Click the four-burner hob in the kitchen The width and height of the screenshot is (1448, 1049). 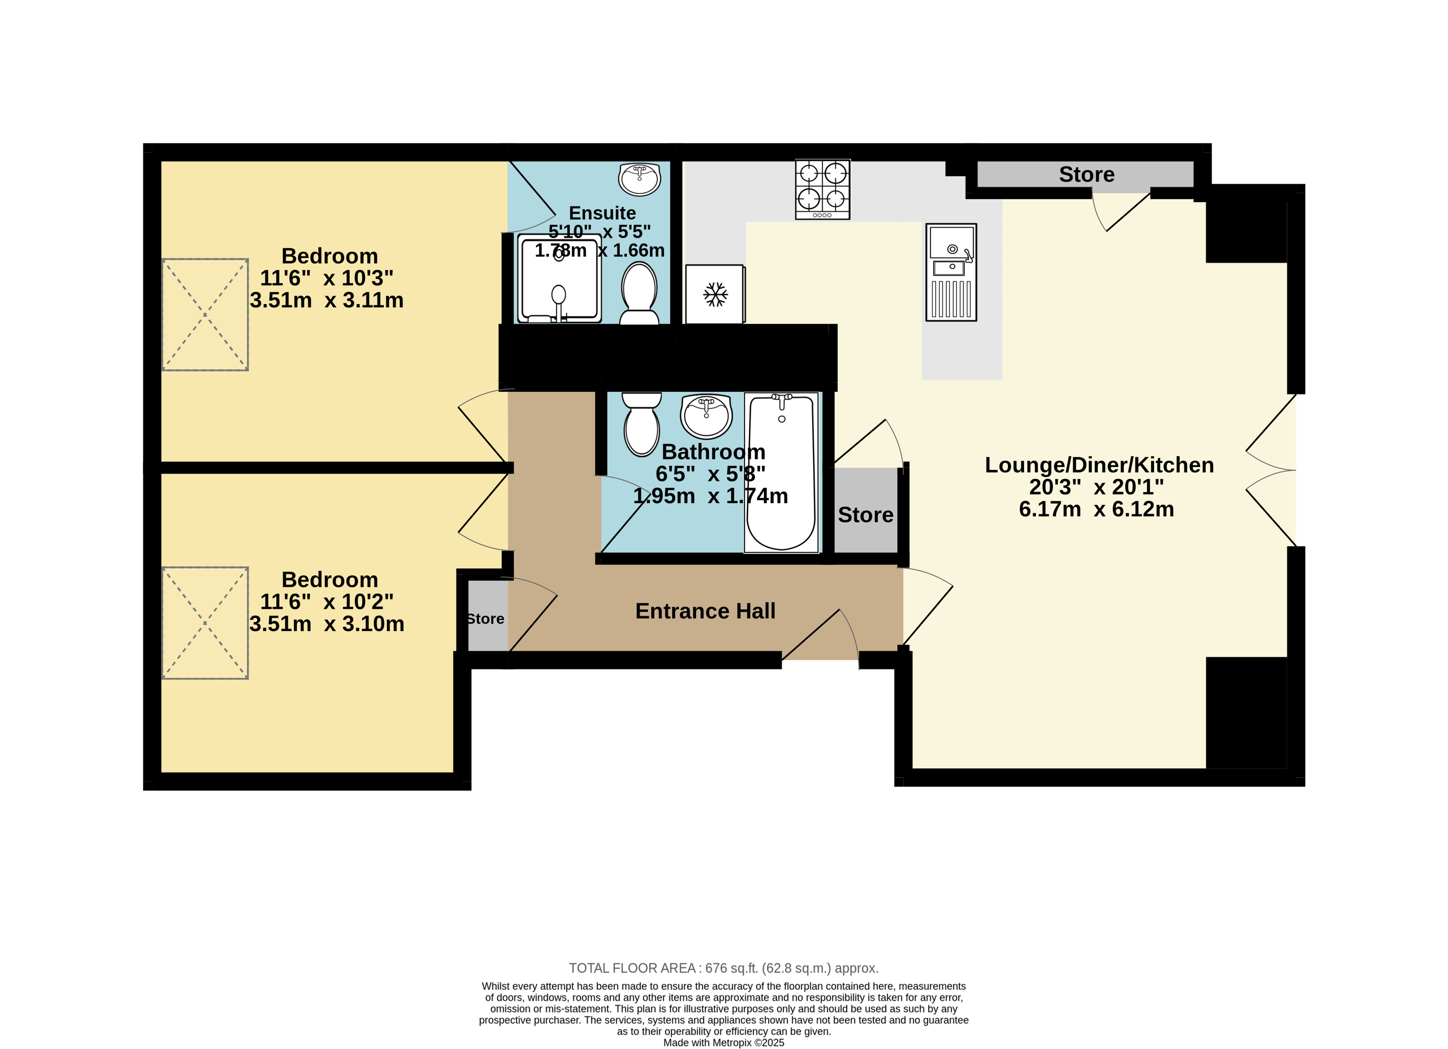pyautogui.click(x=822, y=189)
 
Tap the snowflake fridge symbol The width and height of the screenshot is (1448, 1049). pyautogui.click(x=715, y=294)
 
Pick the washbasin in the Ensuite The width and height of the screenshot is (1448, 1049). pyautogui.click(x=639, y=180)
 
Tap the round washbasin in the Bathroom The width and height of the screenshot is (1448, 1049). pyautogui.click(x=706, y=416)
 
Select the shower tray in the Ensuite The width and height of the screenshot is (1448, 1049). pyautogui.click(x=559, y=278)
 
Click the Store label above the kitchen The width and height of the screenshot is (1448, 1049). pyautogui.click(x=1087, y=174)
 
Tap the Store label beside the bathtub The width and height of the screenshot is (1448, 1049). pyautogui.click(x=866, y=515)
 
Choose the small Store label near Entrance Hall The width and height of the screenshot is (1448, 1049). pyautogui.click(x=485, y=619)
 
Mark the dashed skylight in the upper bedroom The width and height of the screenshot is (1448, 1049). pyautogui.click(x=205, y=315)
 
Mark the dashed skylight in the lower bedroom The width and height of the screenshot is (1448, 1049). pyautogui.click(x=205, y=623)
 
